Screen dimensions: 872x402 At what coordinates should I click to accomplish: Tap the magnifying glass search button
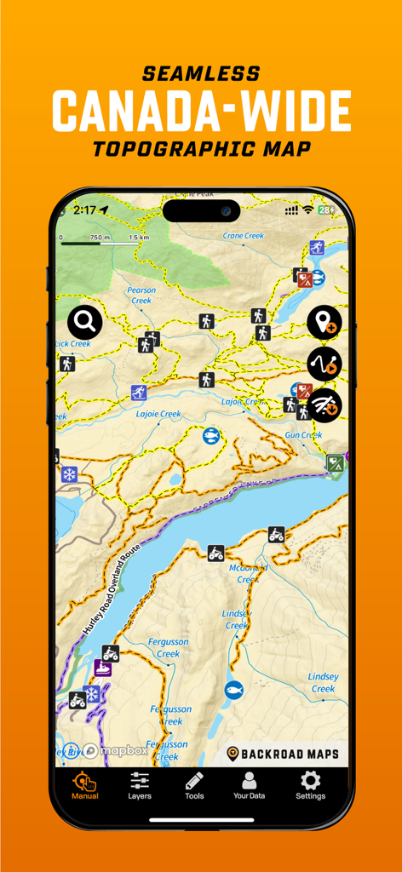tap(85, 322)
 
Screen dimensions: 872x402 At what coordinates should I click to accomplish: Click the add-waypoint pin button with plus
tap(324, 323)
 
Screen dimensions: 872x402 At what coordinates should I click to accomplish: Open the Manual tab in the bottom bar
tap(84, 785)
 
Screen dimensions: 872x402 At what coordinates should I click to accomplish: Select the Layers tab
tap(140, 785)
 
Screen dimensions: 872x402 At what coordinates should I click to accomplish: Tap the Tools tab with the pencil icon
tap(194, 785)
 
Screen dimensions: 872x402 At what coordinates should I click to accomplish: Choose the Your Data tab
tap(249, 785)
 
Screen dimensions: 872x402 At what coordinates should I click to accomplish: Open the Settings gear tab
tap(310, 785)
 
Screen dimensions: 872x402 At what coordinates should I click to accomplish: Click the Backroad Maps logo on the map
tap(283, 754)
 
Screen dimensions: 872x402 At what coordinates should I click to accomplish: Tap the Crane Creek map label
tap(244, 236)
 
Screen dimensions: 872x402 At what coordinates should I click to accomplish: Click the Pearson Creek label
tap(141, 295)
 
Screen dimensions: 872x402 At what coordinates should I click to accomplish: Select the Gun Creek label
tap(303, 435)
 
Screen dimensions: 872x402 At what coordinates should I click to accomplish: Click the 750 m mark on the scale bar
tap(100, 238)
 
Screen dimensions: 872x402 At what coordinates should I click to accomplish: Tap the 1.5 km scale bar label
tap(140, 238)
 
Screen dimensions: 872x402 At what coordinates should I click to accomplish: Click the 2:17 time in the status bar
tap(84, 209)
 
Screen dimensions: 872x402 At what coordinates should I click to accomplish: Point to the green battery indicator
tap(326, 209)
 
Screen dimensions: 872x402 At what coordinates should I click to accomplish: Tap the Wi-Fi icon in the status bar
tap(307, 209)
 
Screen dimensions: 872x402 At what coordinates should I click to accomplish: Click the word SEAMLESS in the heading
tap(201, 74)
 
